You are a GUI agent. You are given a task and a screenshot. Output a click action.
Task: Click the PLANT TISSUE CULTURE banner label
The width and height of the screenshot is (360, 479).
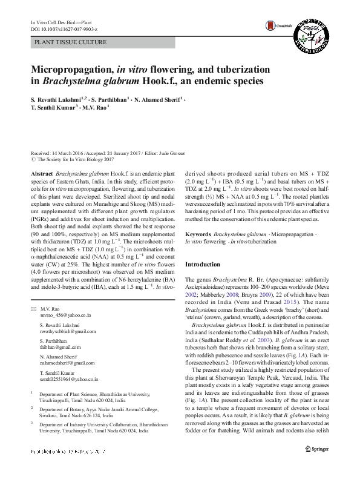click(71, 42)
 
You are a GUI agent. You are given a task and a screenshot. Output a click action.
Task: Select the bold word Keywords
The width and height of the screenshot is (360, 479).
click(198, 233)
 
